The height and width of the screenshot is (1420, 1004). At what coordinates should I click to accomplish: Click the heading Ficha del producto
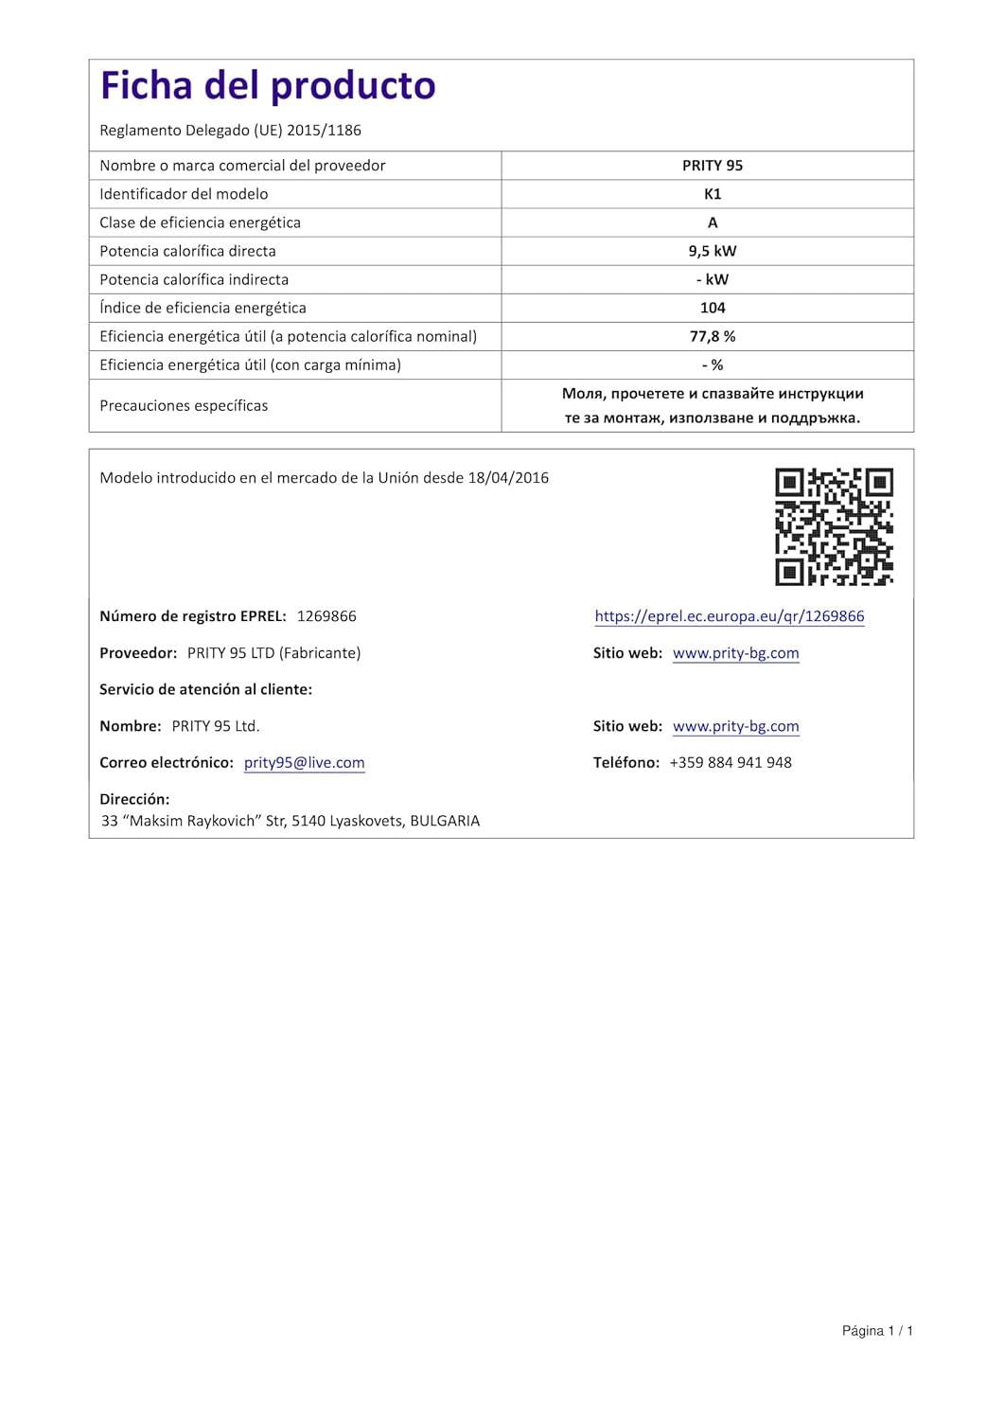[268, 86]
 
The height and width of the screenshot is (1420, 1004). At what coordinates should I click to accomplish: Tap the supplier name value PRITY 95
[713, 166]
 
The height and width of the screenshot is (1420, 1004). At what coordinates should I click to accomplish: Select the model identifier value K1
[713, 194]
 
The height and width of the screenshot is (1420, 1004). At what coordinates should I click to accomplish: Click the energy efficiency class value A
[713, 222]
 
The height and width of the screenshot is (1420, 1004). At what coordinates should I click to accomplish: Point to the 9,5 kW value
[713, 251]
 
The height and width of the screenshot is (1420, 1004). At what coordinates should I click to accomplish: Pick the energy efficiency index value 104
[713, 308]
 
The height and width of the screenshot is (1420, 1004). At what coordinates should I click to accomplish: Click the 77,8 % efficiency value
[713, 336]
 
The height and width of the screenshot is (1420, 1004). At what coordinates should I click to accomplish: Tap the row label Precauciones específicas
[184, 405]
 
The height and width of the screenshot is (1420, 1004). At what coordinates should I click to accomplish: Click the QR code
[834, 526]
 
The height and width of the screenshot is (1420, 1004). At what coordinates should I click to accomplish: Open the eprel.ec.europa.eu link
[729, 616]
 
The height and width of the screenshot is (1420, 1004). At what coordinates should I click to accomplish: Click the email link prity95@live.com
[304, 763]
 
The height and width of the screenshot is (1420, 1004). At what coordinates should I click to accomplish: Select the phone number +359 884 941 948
[731, 763]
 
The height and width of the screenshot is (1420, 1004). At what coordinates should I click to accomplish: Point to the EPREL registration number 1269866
[326, 616]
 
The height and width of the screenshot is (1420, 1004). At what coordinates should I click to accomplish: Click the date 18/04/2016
[508, 478]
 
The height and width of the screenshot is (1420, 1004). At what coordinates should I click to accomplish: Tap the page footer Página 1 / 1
[877, 1331]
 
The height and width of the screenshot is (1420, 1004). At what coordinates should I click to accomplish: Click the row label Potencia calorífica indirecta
[194, 279]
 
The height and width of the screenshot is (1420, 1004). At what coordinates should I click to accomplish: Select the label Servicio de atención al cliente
[205, 689]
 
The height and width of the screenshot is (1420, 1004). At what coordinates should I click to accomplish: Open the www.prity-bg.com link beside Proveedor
[735, 653]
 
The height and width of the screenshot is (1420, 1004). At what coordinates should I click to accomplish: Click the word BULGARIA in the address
[445, 821]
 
